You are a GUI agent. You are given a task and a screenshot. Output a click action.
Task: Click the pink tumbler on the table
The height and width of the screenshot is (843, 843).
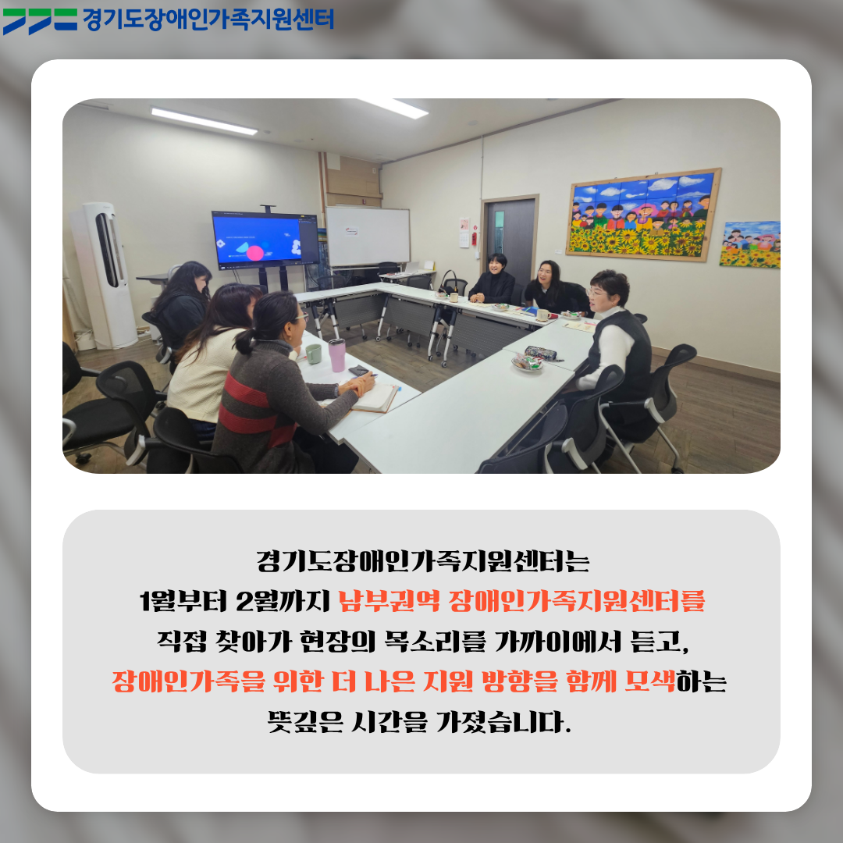(x=337, y=355)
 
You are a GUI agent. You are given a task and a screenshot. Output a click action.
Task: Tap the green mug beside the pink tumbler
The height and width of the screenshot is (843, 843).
(x=314, y=354)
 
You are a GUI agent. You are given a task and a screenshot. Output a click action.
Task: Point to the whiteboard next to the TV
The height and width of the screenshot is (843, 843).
(x=368, y=237)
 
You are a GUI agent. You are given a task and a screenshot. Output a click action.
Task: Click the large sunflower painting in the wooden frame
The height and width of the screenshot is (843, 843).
(x=643, y=215)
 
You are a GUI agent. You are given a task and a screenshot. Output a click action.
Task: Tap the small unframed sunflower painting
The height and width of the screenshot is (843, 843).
(x=750, y=244)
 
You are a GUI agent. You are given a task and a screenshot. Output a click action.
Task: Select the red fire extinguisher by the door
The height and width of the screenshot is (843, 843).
(x=475, y=238)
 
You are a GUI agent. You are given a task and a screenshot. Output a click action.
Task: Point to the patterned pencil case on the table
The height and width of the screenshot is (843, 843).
(x=542, y=354)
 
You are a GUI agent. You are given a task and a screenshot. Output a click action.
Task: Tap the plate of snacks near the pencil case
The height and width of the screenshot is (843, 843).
(x=527, y=363)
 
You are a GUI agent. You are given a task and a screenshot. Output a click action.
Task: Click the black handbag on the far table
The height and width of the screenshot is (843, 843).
(x=450, y=283)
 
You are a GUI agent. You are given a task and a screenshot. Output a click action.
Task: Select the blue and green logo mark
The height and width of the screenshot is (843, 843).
(x=40, y=21)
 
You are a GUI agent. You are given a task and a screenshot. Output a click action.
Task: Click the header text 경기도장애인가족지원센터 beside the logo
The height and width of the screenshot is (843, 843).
(x=208, y=20)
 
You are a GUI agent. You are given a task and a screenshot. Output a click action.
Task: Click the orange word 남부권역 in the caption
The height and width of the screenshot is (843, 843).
(x=389, y=600)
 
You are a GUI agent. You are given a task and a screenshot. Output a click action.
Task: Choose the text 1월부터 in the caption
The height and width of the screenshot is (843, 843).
(x=183, y=600)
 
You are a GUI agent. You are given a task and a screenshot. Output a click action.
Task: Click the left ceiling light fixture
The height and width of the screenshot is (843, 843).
(x=204, y=121)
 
